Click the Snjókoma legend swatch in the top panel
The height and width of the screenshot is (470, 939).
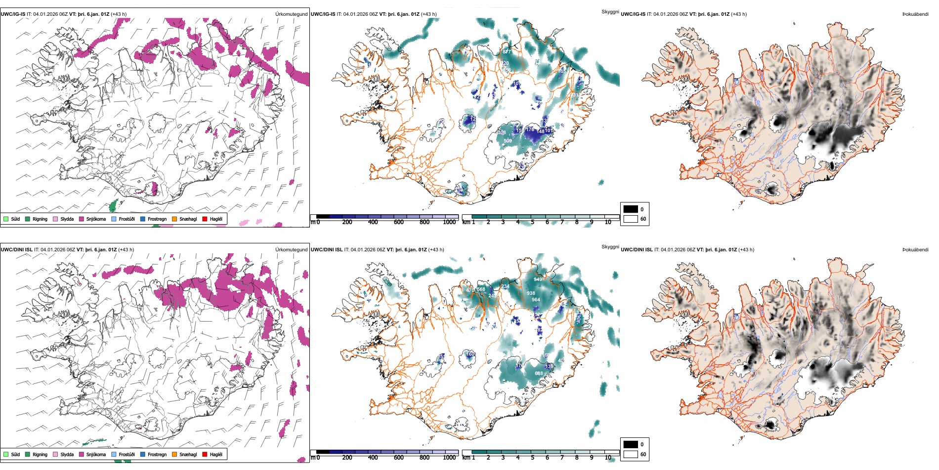tap(82, 219)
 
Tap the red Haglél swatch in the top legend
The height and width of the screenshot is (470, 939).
tap(205, 219)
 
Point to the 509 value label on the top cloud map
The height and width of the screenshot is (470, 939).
tap(508, 141)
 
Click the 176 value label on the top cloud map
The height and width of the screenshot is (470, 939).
tap(530, 130)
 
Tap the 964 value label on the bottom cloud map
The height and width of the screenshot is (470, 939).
tap(536, 300)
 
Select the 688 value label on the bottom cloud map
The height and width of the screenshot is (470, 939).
tap(539, 374)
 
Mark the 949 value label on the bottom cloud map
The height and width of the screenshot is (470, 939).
tap(538, 280)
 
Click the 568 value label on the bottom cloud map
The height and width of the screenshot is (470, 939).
tap(481, 289)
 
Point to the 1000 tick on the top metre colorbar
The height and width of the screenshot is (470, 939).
tap(449, 222)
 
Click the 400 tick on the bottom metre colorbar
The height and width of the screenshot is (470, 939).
tap(373, 458)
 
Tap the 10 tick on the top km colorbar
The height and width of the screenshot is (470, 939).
tap(608, 222)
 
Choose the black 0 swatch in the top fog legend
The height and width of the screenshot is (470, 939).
tap(631, 209)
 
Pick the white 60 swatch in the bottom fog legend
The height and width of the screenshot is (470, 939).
tap(631, 454)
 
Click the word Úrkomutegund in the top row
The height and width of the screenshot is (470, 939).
tap(291, 14)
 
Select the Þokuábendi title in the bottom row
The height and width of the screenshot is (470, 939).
tap(915, 250)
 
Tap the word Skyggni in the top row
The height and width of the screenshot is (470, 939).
tap(610, 11)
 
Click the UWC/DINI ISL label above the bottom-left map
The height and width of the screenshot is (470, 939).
tap(16, 250)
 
